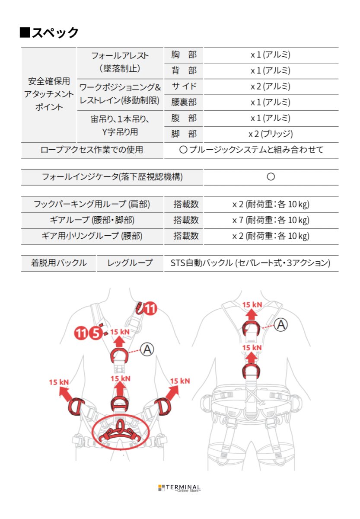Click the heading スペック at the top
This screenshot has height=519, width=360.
(x=49, y=32)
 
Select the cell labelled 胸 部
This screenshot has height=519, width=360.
(x=184, y=55)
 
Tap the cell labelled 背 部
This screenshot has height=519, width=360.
(x=184, y=71)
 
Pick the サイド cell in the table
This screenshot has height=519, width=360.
(x=184, y=86)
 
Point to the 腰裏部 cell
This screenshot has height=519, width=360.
(x=184, y=103)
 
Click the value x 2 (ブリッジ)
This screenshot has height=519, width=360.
(x=271, y=134)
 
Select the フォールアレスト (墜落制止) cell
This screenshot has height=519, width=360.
(x=120, y=62)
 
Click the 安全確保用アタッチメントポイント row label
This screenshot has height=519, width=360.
(x=49, y=94)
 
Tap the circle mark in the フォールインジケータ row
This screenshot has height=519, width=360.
(x=271, y=177)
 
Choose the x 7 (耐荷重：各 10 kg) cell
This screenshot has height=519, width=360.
(x=271, y=221)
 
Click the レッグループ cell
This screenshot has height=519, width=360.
(x=130, y=263)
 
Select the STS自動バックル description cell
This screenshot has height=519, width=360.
(x=251, y=263)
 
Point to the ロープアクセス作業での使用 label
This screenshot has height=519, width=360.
(x=92, y=150)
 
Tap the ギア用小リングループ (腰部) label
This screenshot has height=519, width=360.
(x=92, y=236)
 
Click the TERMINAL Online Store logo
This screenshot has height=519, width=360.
(x=179, y=488)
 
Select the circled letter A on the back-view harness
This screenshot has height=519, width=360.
(x=281, y=324)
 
